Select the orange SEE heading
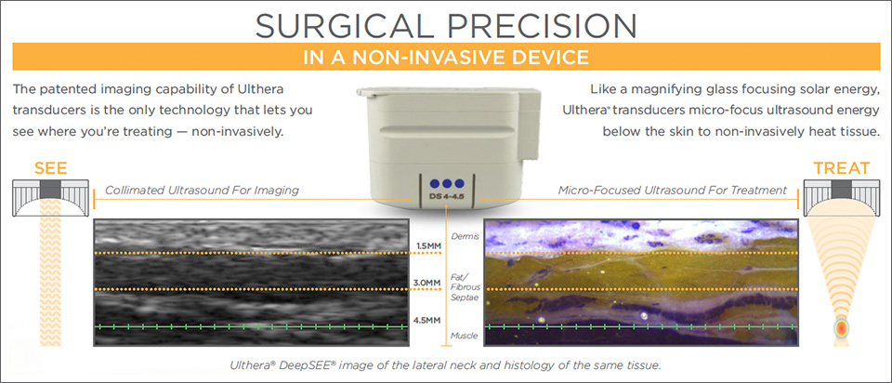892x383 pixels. [50, 168]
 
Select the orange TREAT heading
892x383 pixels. [842, 168]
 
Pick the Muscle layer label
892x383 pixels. [464, 336]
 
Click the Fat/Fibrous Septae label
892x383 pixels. [465, 287]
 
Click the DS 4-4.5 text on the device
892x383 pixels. [447, 197]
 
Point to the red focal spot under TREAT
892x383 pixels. [841, 329]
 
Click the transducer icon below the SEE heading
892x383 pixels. [50, 197]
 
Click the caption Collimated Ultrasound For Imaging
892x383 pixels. [202, 190]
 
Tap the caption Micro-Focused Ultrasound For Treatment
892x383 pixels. [673, 190]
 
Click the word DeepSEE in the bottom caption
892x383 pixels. [311, 364]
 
